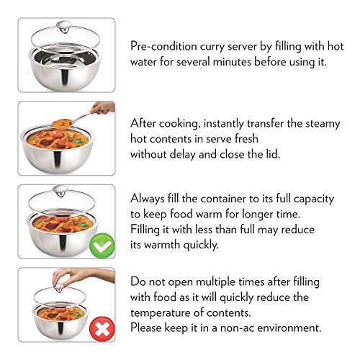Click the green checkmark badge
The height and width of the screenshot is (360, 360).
tap(102, 246)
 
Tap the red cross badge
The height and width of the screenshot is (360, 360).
tap(102, 329)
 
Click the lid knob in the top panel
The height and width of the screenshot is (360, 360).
tap(64, 27)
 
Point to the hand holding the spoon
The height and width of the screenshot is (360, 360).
tap(103, 107)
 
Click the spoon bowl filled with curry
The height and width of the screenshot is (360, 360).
tap(62, 124)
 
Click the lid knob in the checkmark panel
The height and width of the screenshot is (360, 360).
tap(60, 191)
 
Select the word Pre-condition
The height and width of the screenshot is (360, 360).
tap(163, 46)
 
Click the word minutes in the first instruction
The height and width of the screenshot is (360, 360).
tap(232, 62)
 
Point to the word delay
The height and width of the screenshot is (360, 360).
tap(182, 154)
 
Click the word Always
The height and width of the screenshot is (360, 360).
tap(148, 199)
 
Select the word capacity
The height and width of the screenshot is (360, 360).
tap(314, 199)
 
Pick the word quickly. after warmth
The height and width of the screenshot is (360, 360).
tap(201, 245)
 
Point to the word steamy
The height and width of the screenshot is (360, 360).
tap(323, 124)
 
